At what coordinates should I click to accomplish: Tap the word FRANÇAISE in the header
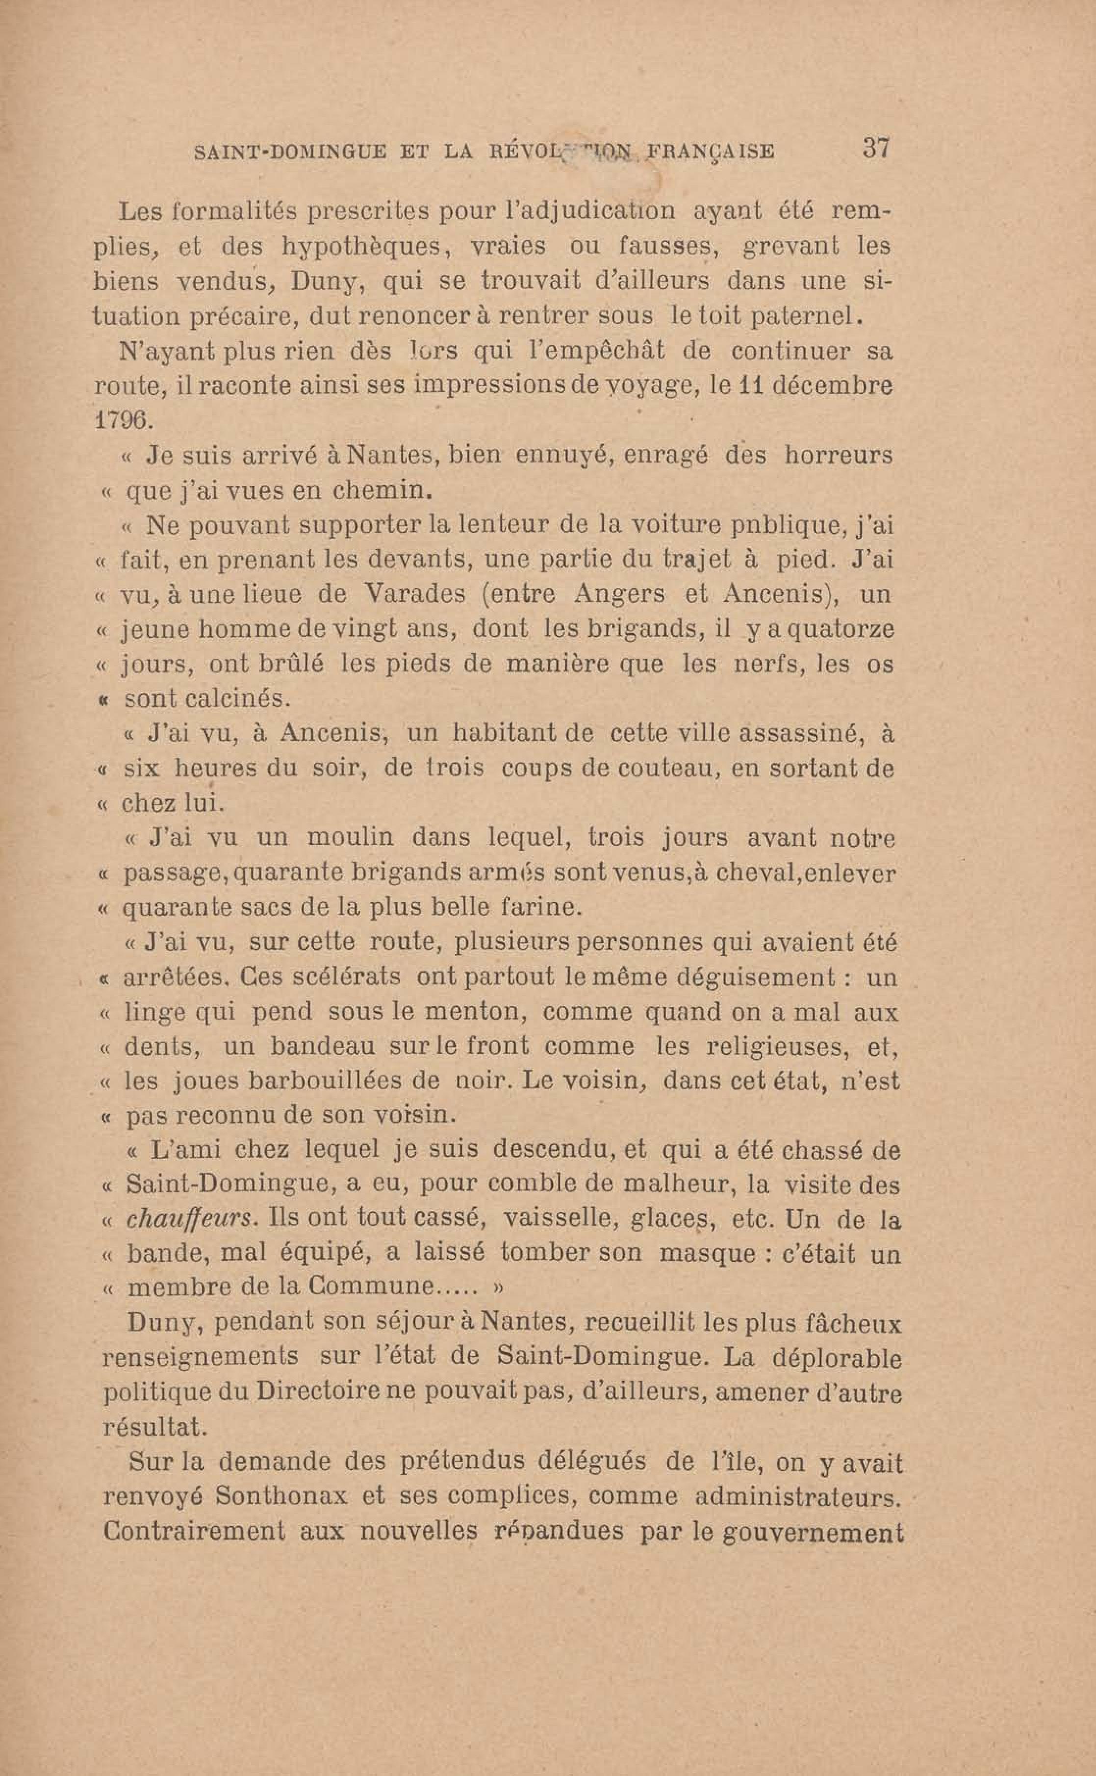click(x=709, y=152)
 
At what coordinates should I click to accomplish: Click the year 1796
click(x=121, y=420)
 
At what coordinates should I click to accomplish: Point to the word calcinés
click(x=208, y=699)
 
